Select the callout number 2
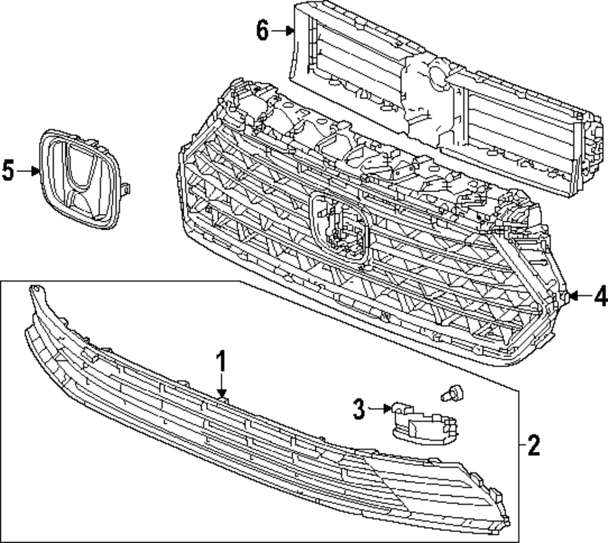(533, 446)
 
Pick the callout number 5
(8, 171)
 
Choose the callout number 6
(262, 30)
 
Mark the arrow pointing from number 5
(28, 171)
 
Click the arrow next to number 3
(380, 409)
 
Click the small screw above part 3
(451, 393)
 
